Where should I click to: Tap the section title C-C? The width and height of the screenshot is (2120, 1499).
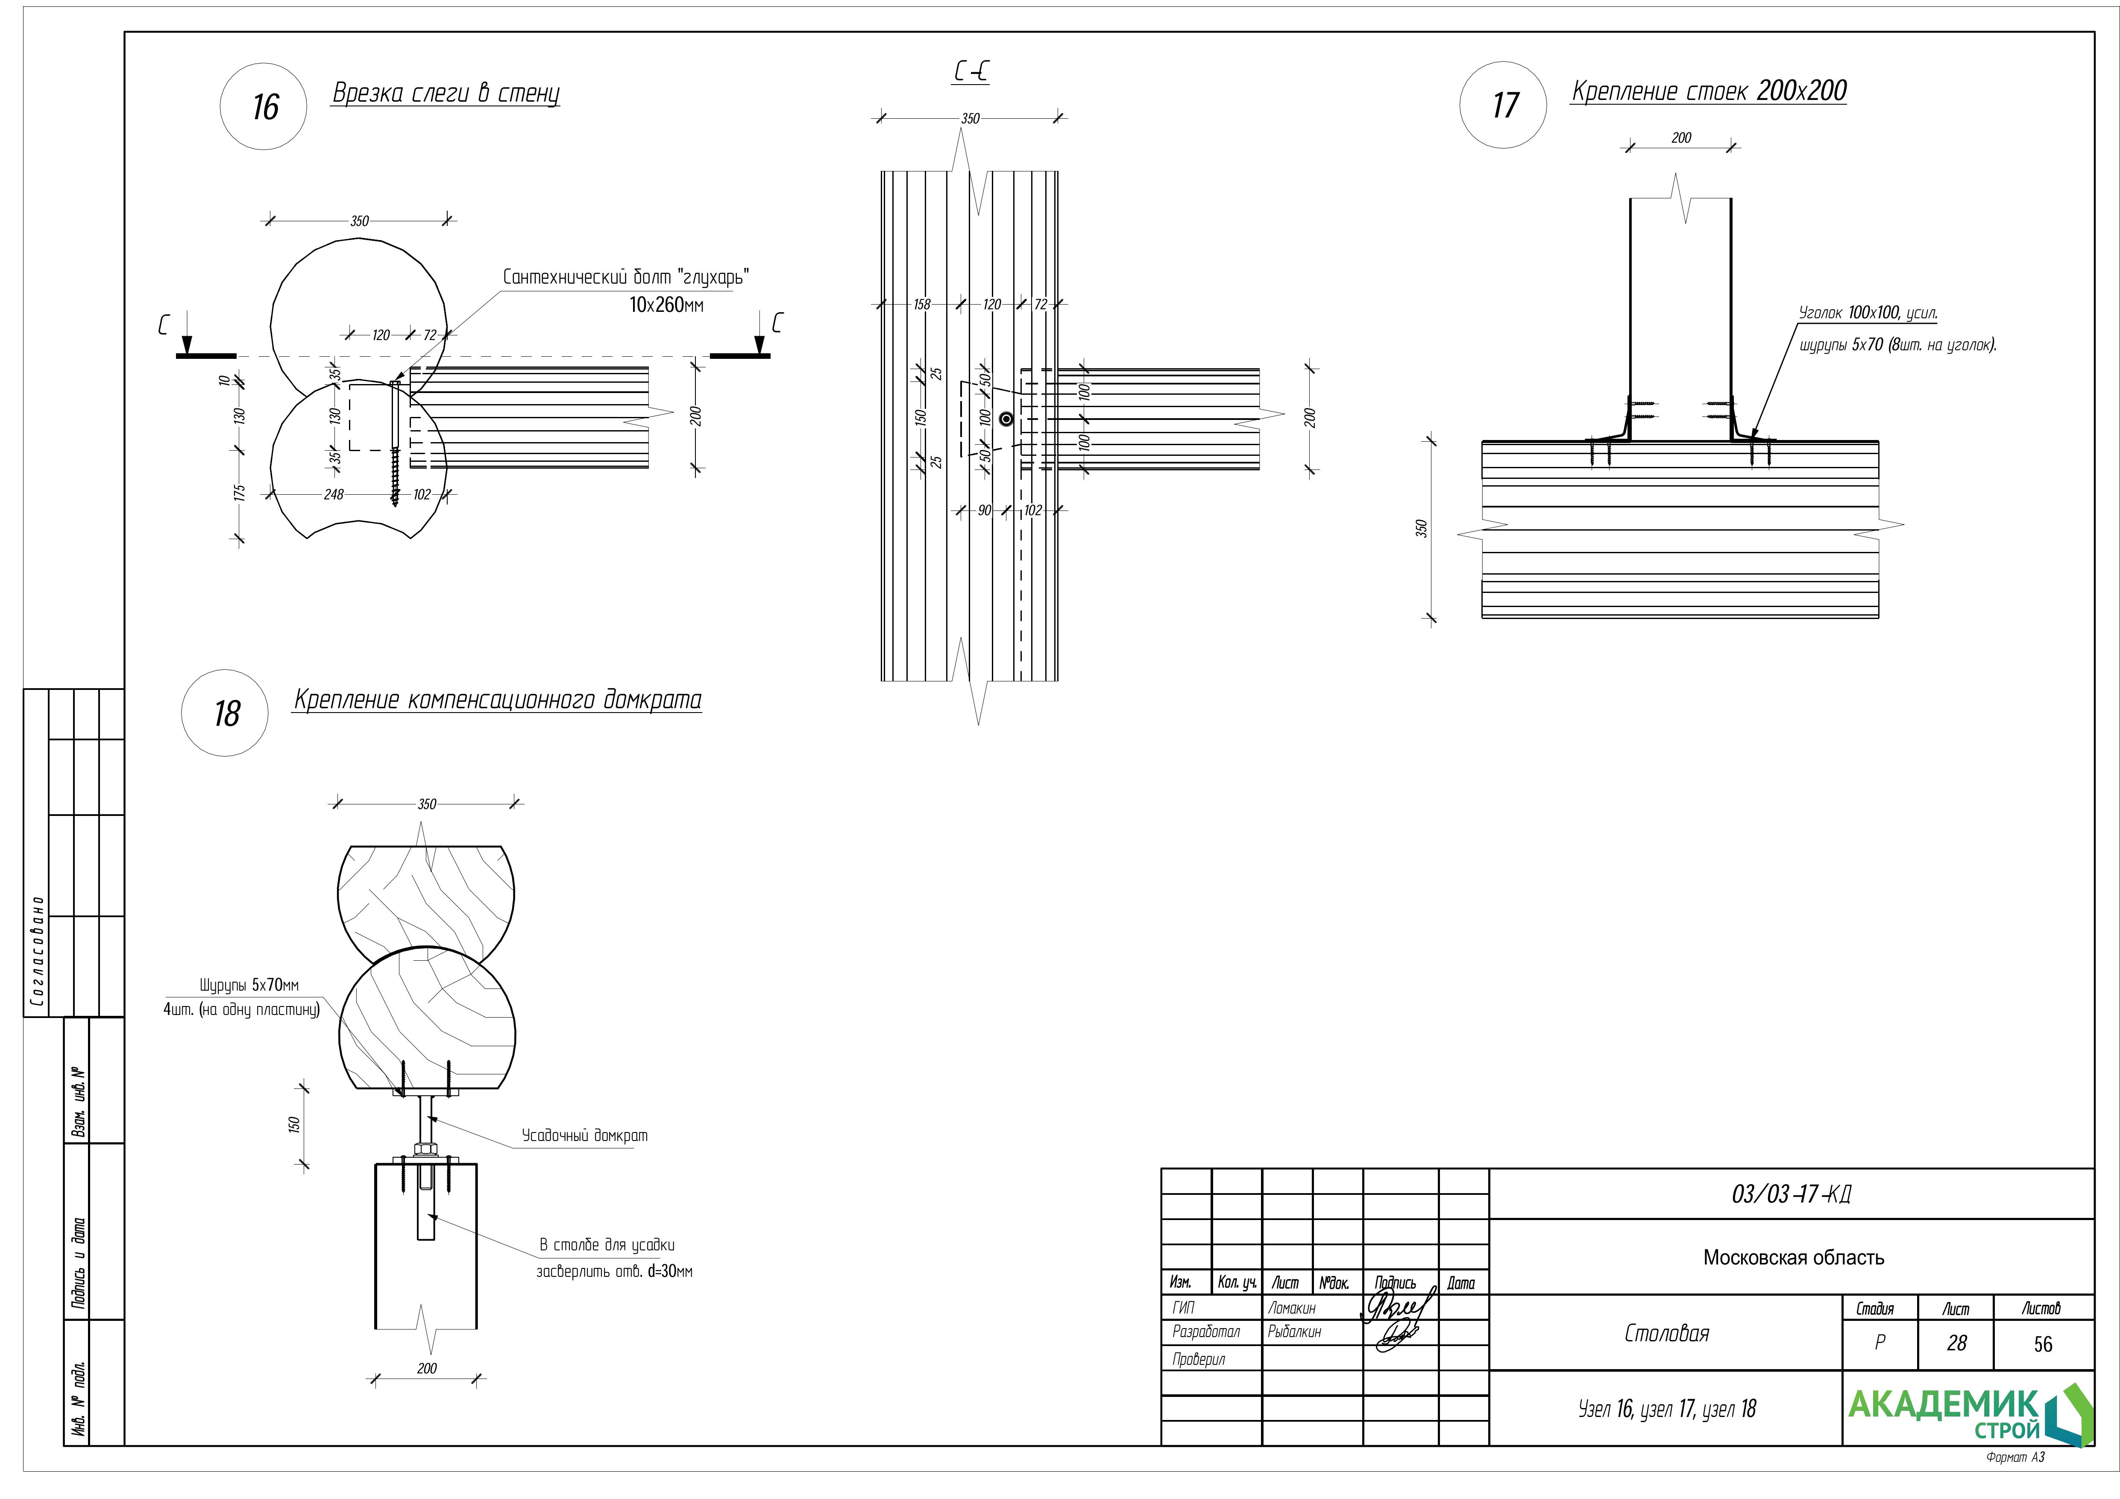tap(971, 72)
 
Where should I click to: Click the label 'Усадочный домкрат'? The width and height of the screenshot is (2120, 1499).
tap(584, 1135)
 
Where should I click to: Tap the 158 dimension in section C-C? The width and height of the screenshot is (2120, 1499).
tap(921, 304)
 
